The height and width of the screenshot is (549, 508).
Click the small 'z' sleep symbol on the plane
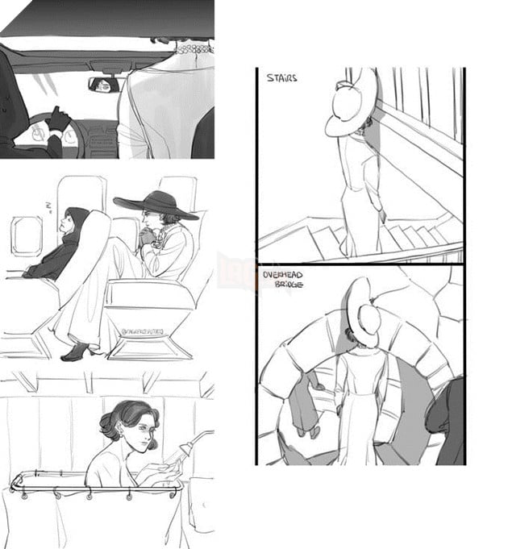[48, 207]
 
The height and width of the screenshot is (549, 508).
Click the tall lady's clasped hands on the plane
[147, 237]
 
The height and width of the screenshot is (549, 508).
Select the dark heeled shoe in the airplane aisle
[73, 352]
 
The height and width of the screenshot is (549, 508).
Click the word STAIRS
[281, 79]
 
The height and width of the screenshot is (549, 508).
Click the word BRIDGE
[287, 285]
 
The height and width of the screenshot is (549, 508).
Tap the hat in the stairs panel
[352, 102]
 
